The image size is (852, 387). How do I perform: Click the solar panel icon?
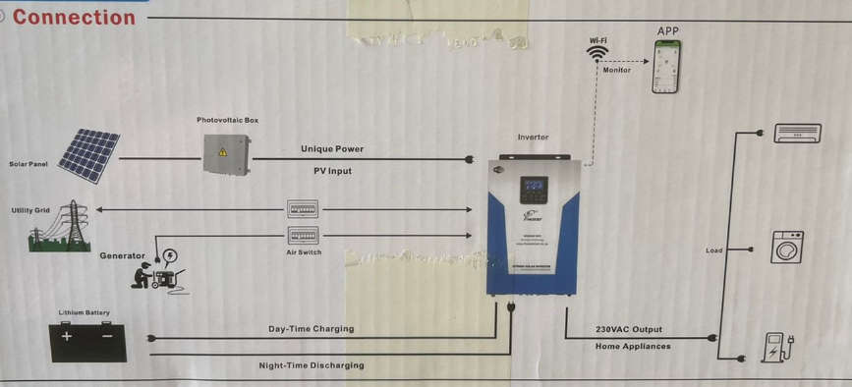[88, 154]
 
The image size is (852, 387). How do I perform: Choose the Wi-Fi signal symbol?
[597, 54]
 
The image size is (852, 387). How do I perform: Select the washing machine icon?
[787, 247]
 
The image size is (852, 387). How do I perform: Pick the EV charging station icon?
[777, 347]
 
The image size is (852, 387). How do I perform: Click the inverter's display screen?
[534, 187]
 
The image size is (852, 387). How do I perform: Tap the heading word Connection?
[74, 17]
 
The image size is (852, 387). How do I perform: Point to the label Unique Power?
[331, 149]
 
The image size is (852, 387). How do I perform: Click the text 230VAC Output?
[629, 329]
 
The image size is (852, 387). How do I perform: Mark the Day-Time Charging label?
[311, 329]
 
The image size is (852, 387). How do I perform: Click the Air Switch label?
[304, 252]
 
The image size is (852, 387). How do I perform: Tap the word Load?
[714, 250]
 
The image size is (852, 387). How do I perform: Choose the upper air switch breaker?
[303, 209]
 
